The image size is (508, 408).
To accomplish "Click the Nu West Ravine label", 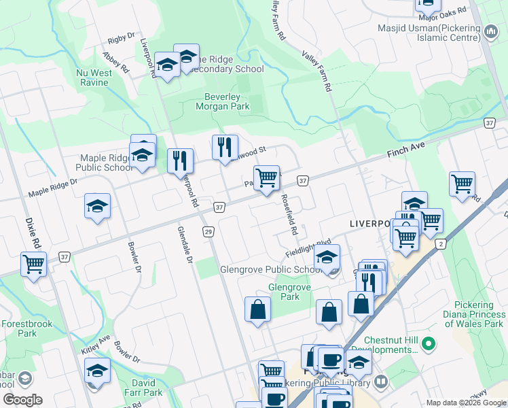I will pyautogui.click(x=93, y=78).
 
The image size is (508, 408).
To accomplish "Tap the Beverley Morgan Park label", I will pyautogui.click(x=223, y=101).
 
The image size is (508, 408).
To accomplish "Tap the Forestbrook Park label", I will pyautogui.click(x=27, y=329).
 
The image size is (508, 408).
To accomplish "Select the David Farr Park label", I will pyautogui.click(x=143, y=388).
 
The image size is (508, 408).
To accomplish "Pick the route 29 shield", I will pyautogui.click(x=208, y=232).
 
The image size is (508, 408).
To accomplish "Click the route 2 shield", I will pyautogui.click(x=441, y=243).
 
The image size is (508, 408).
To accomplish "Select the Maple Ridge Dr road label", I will pyautogui.click(x=53, y=188).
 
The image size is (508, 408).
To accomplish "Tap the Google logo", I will pyautogui.click(x=22, y=400).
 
